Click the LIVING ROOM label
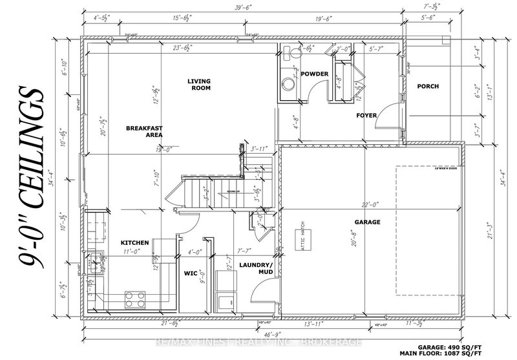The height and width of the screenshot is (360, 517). [199, 85]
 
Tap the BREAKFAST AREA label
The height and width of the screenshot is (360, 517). [143, 132]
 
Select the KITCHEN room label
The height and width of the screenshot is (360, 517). [135, 243]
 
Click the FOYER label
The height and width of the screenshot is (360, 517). [366, 116]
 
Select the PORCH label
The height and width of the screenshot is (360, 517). [428, 86]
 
